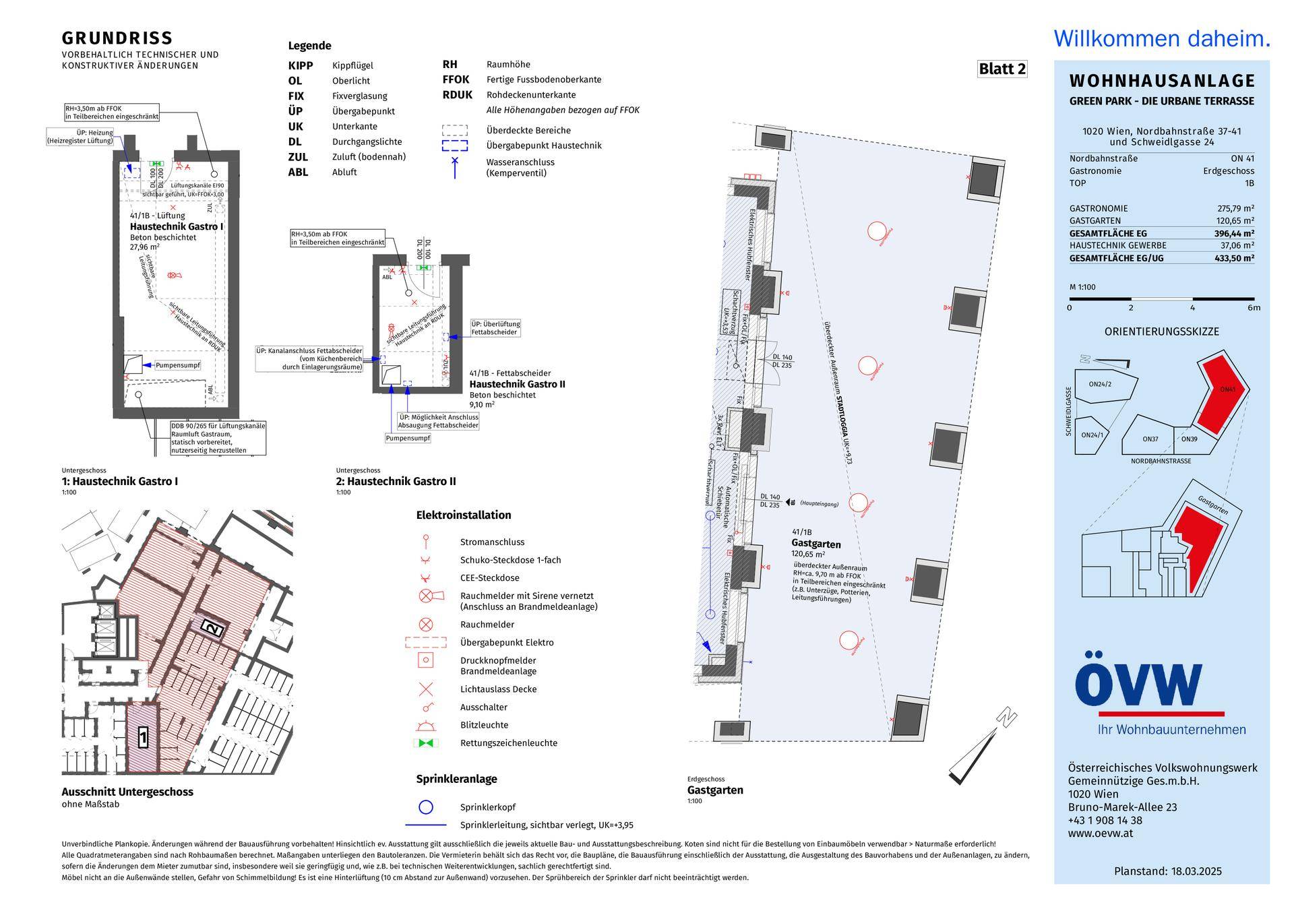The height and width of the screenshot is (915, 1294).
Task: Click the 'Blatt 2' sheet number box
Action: pos(1002,69)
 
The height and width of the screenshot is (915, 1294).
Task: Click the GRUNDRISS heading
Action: pos(117,38)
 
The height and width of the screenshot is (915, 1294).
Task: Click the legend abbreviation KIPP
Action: pos(301,65)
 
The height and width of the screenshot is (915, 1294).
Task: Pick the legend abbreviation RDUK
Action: pos(457,95)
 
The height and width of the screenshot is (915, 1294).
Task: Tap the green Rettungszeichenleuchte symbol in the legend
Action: pos(426,743)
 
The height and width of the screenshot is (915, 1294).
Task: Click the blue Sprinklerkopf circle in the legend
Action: pos(426,807)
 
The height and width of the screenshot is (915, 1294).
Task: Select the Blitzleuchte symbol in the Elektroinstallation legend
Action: pos(426,726)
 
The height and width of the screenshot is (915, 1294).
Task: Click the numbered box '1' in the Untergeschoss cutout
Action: pos(143,737)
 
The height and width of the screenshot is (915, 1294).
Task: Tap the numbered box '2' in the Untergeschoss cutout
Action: pos(212,629)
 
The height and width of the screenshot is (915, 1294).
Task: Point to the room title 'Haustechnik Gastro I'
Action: pos(176,227)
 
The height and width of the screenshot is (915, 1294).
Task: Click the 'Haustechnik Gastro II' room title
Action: pos(517,384)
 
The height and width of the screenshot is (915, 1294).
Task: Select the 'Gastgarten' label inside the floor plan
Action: pos(815,544)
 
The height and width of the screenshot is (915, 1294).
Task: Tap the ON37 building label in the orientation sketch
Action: pos(1150,439)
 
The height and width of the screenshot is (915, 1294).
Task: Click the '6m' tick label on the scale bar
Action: pos(1253,308)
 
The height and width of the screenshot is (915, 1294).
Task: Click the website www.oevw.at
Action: pos(1100,833)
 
